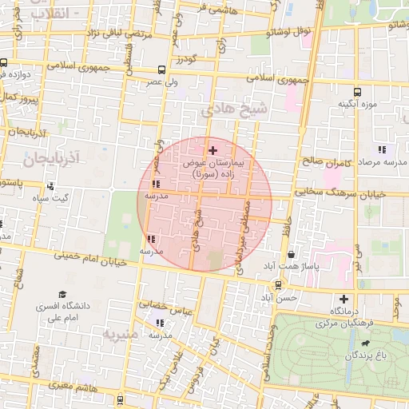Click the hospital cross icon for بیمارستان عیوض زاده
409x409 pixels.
tap(212, 150)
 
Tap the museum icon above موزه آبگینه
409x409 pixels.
tap(356, 91)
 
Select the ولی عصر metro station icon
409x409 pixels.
tap(162, 69)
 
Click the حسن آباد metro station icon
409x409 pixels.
tap(277, 284)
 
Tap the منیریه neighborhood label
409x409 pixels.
tap(121, 332)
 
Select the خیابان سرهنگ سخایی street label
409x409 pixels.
tap(340, 193)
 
